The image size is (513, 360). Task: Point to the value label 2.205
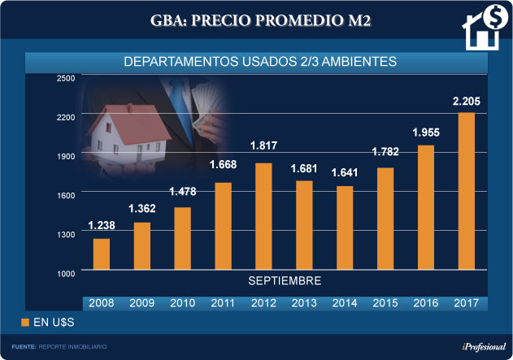point(467,102)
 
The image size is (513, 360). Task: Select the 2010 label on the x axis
point(182,303)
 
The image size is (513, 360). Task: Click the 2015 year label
point(385,303)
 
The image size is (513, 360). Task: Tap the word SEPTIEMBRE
point(284,280)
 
